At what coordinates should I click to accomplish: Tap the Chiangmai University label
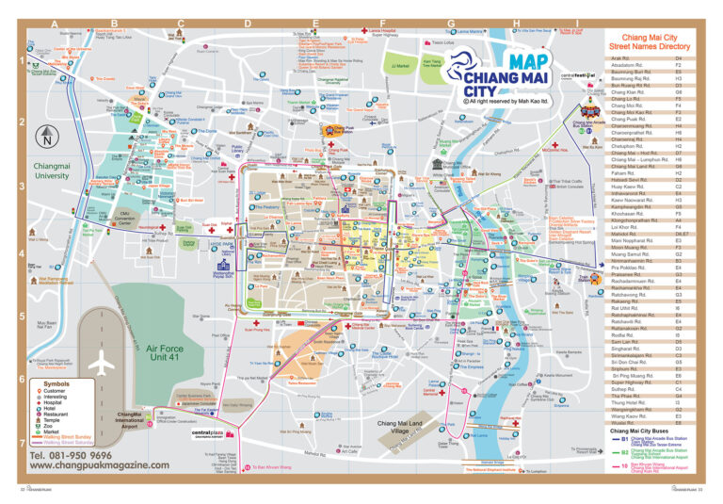tap(52, 171)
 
